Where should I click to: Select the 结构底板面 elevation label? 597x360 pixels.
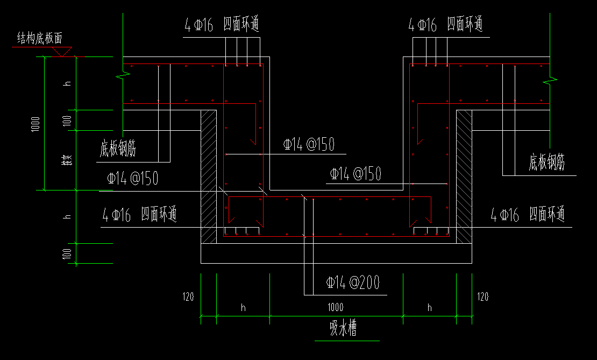point(40,39)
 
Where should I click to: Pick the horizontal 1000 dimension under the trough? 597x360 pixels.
point(335,308)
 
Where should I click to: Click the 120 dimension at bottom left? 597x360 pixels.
point(188,297)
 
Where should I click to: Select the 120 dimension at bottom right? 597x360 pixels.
point(482,297)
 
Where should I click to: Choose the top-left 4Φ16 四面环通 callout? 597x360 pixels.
point(222,25)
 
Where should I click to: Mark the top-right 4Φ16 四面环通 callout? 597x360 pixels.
point(445,25)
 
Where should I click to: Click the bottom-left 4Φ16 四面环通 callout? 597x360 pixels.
point(140,215)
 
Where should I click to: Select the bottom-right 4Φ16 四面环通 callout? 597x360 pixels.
point(528,215)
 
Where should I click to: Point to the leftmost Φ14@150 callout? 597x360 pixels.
point(133,179)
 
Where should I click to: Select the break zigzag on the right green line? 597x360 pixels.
point(550,80)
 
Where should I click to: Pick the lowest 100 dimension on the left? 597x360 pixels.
point(68,253)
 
